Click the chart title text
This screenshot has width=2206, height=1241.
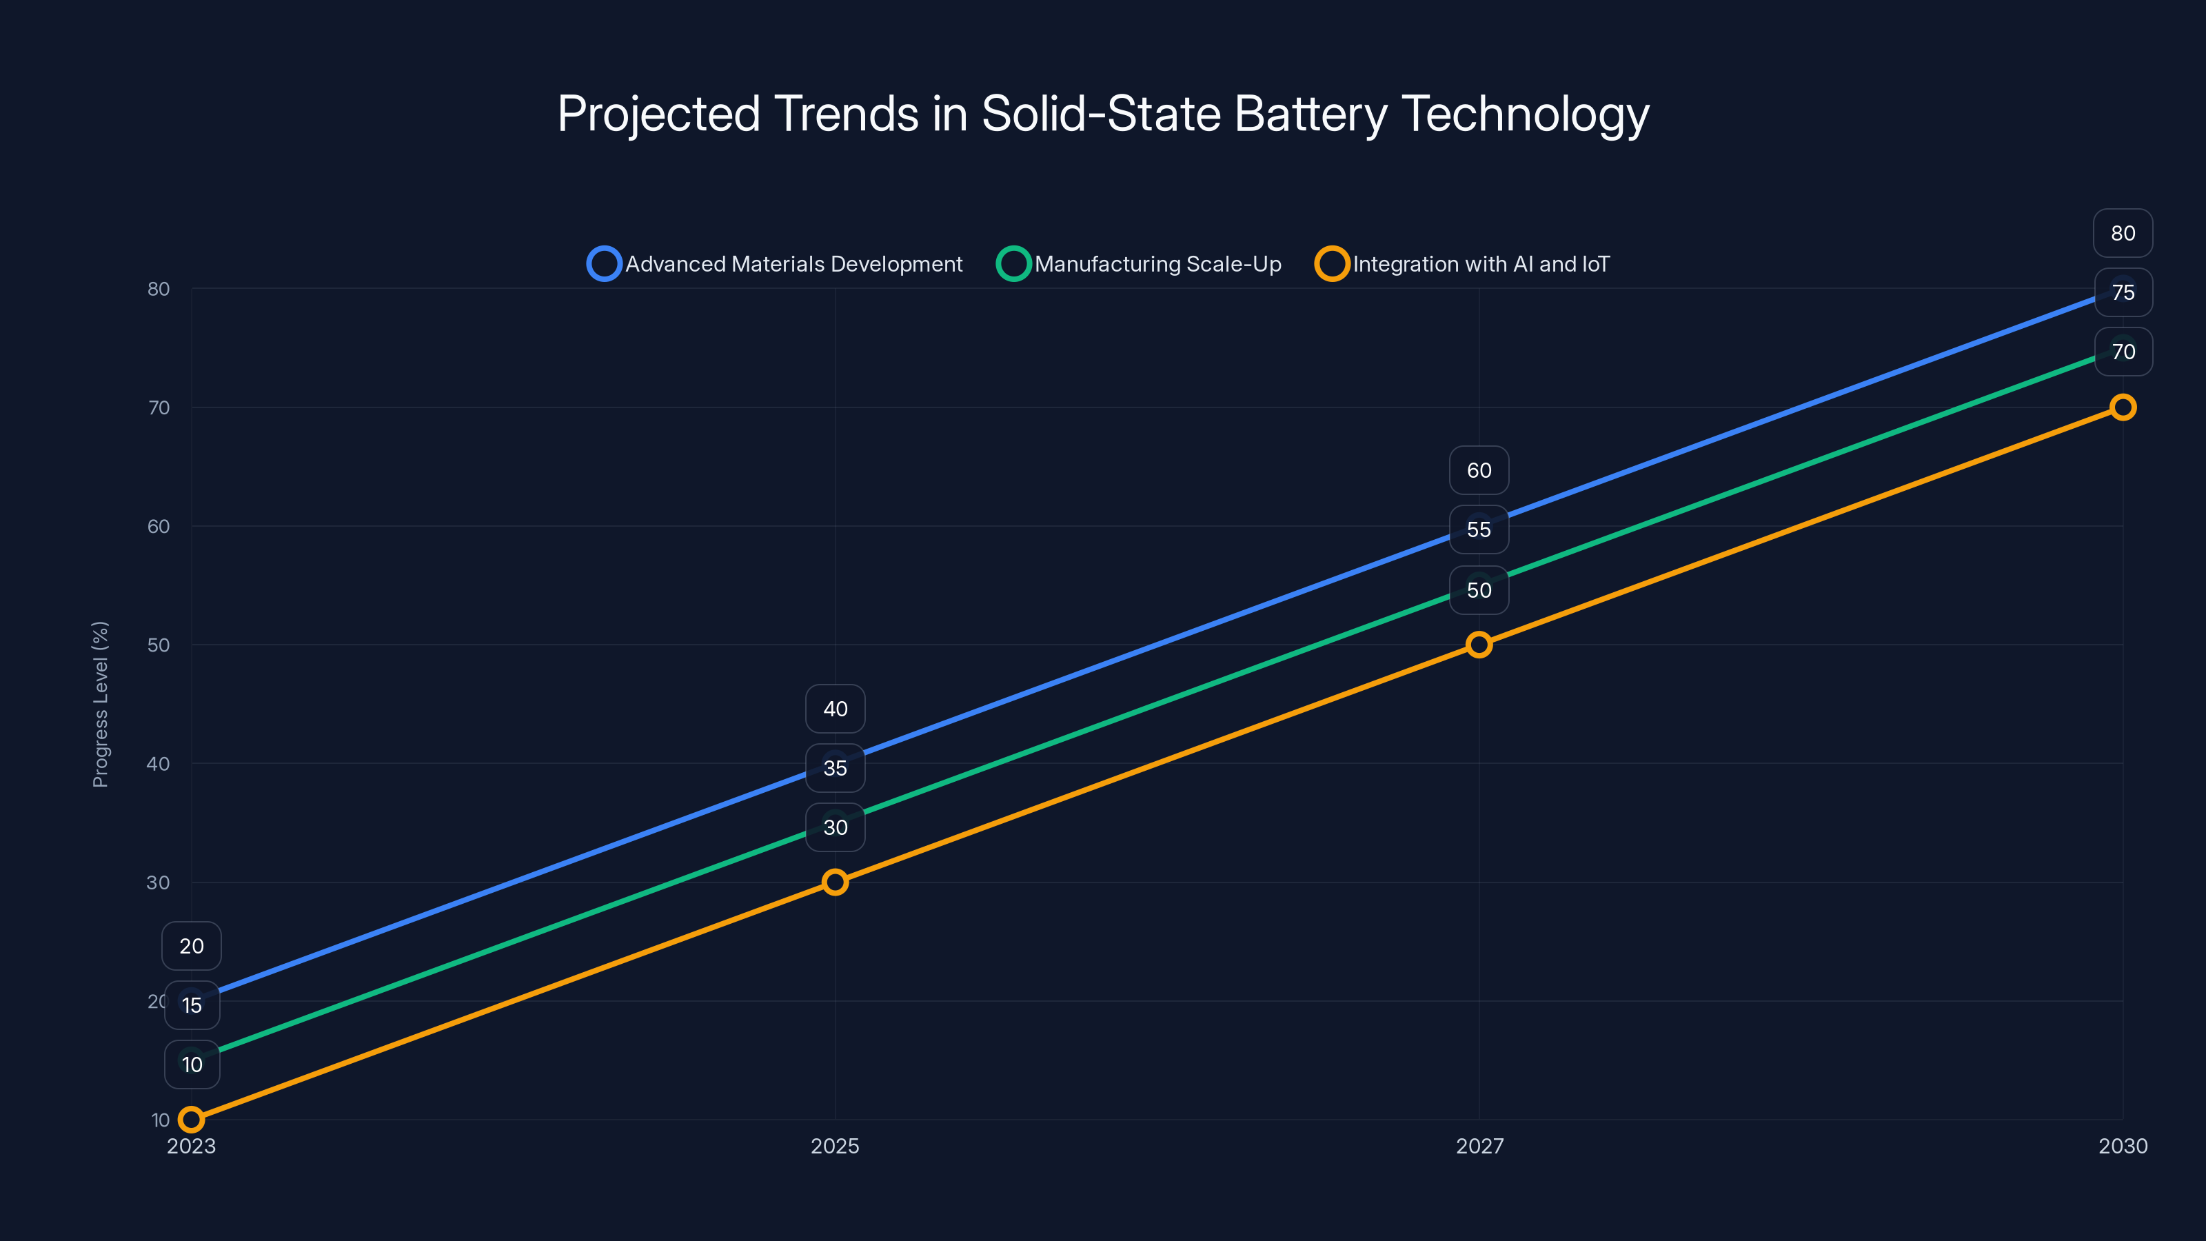(1103, 114)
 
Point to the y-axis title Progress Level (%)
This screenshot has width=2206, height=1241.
(100, 704)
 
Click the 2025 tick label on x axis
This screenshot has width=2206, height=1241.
(835, 1146)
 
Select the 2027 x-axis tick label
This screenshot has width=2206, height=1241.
(1479, 1146)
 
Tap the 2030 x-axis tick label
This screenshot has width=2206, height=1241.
(2122, 1146)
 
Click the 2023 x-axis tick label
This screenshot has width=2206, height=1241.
(191, 1146)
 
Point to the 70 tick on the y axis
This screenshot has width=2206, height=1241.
(159, 407)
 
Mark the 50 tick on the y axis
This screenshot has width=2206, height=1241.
(159, 645)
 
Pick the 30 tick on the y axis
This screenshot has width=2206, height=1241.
(159, 882)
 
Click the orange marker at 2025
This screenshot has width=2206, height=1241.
(835, 882)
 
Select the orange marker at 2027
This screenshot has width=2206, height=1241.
(1479, 645)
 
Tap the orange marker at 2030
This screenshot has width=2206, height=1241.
(2122, 407)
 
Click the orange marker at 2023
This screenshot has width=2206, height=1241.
(191, 1120)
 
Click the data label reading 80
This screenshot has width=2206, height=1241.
(2122, 233)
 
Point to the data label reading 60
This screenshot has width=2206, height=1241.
(1479, 470)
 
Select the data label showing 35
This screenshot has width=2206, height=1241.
(835, 768)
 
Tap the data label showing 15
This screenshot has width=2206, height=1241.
(192, 1005)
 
